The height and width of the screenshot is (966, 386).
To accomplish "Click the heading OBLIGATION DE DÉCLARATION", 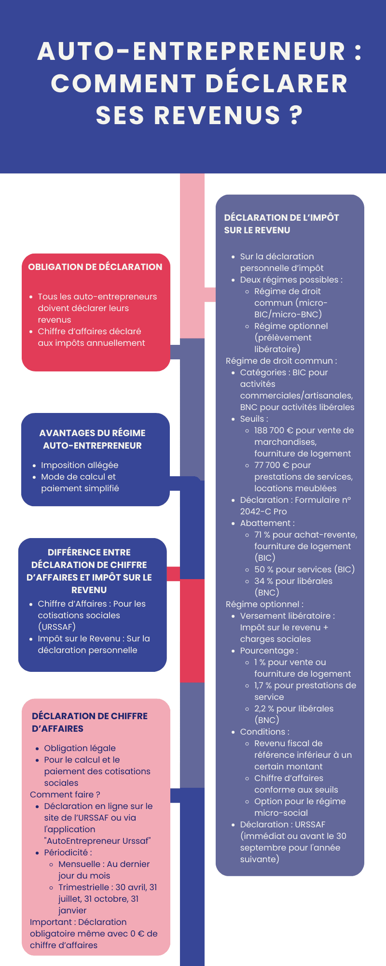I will click(x=95, y=267).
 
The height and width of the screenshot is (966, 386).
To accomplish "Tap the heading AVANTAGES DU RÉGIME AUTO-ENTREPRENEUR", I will click(x=92, y=439).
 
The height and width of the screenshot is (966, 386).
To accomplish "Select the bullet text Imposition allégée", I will click(x=80, y=465).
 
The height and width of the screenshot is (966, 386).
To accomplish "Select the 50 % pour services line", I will click(x=304, y=569).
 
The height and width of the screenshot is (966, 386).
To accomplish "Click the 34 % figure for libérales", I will click(x=263, y=581).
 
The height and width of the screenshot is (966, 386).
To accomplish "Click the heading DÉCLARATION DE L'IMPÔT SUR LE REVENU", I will click(x=281, y=224).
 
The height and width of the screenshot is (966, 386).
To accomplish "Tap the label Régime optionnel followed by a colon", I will click(x=264, y=604).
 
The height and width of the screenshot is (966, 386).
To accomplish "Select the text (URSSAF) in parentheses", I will click(x=57, y=627).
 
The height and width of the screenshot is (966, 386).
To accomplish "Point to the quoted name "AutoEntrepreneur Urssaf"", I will click(x=97, y=841).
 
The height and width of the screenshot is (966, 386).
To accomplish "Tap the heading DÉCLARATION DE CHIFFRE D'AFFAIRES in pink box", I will click(x=90, y=722).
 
